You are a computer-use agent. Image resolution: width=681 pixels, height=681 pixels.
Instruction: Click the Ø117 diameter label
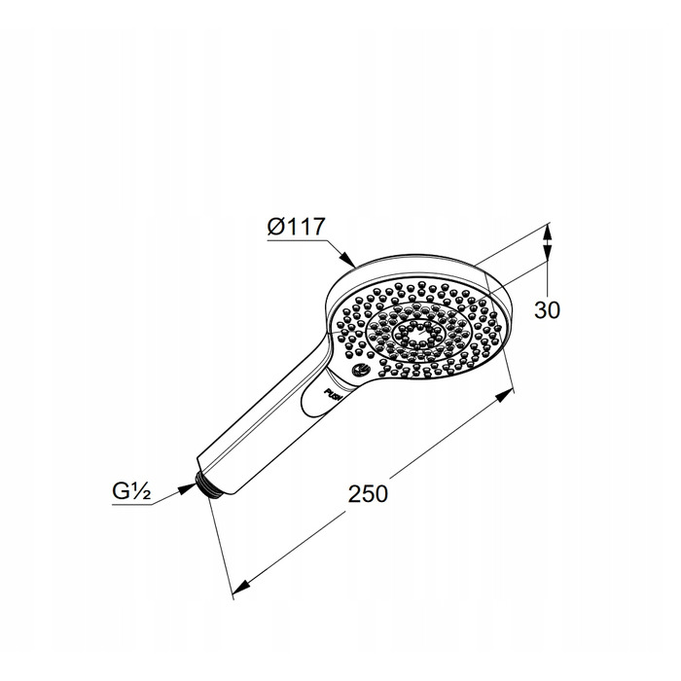click(x=296, y=227)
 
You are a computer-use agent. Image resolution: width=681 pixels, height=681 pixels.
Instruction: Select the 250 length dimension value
click(x=368, y=494)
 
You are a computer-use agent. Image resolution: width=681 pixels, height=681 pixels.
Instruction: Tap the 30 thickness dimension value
click(x=547, y=310)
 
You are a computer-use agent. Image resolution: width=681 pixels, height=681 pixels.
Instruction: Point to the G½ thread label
click(x=131, y=491)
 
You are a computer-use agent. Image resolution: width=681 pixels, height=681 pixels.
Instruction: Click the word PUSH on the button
click(x=334, y=392)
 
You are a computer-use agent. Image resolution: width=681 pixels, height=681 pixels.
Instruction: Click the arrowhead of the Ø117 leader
click(x=347, y=259)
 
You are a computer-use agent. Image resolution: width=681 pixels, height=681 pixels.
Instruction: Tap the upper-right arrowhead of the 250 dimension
click(x=504, y=395)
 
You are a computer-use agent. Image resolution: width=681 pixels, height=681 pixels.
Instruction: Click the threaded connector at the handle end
click(x=206, y=484)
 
